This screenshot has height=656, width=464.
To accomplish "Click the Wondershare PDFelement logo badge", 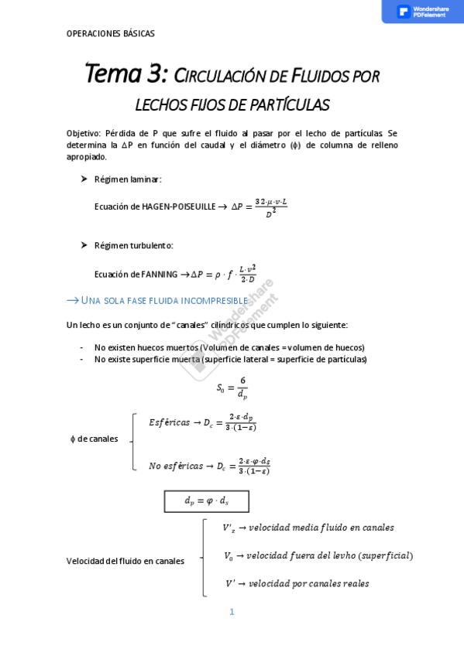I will pyautogui.click(x=422, y=12).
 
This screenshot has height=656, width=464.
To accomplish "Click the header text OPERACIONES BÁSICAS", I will pyautogui.click(x=110, y=34).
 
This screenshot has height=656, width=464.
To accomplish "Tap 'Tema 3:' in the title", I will pyautogui.click(x=125, y=74).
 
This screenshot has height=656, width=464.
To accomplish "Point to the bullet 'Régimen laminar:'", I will pyautogui.click(x=128, y=179).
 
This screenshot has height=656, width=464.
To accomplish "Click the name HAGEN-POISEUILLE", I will pyautogui.click(x=177, y=207).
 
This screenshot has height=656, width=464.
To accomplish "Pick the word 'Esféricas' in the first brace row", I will pyautogui.click(x=169, y=422).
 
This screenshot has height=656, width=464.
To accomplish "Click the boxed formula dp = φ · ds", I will pyautogui.click(x=206, y=501).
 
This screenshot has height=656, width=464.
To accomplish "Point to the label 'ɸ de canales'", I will pyautogui.click(x=94, y=439).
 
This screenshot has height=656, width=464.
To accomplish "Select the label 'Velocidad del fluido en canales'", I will pyautogui.click(x=125, y=561).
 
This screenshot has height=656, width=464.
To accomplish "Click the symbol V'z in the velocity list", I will pyautogui.click(x=229, y=528).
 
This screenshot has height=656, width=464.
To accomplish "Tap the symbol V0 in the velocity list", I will pyautogui.click(x=229, y=555).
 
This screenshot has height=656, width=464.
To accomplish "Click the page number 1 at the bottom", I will pyautogui.click(x=232, y=612).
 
